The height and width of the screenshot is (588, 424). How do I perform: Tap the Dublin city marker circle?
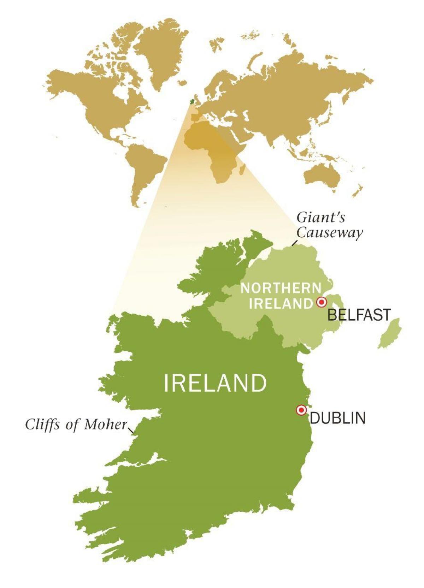(x=301, y=410)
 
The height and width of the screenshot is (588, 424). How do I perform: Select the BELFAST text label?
(x=359, y=314)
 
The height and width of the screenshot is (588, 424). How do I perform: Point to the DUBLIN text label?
(x=337, y=418)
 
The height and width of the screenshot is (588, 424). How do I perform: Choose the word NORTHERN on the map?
(x=281, y=288)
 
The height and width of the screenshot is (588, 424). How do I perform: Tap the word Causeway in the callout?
(x=329, y=233)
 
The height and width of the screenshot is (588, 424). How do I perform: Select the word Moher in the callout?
(x=105, y=424)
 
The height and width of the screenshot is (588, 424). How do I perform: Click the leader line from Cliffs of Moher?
(x=131, y=430)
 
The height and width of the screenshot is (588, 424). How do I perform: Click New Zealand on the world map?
(x=358, y=191)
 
